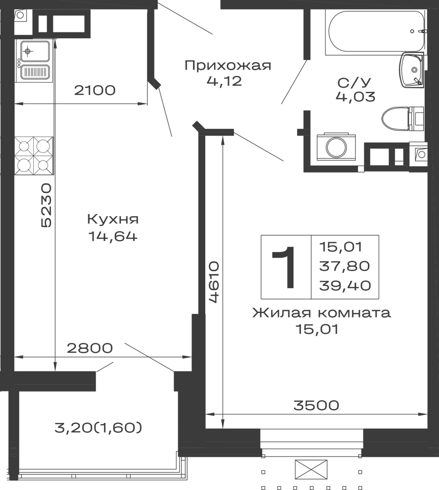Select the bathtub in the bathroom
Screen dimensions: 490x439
coord(376,30)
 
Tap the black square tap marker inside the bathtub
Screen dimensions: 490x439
coord(412,31)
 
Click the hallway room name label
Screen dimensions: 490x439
coord(229,65)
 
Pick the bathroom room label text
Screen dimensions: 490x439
coord(355,81)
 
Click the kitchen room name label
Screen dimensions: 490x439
coord(114,220)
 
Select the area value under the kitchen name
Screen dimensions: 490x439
coord(114,239)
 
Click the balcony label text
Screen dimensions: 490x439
coord(98,427)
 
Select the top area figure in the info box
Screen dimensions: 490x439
coord(346,245)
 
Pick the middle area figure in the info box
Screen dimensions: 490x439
coord(346,266)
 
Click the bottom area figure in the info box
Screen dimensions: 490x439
coord(346,286)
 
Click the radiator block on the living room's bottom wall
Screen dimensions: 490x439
coord(316,406)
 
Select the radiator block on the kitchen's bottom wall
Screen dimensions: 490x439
coord(90,347)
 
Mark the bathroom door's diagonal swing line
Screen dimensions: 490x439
coord(293,83)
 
